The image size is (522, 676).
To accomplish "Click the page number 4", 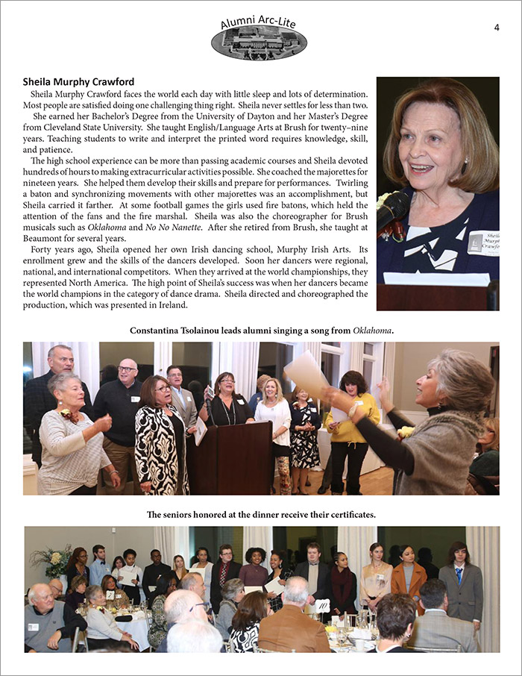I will click(497, 28).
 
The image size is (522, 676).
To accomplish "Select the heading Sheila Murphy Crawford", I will click(78, 81).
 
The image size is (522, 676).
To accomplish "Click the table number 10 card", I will click(321, 606).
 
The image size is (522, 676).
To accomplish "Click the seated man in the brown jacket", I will click(291, 627).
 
